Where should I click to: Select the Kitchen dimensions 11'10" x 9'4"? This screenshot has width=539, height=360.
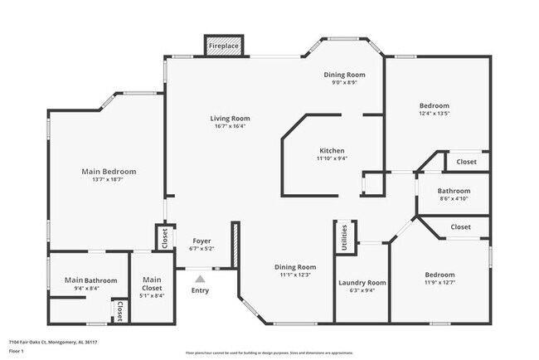click(332, 158)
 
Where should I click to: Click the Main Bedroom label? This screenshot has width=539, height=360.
click(109, 172)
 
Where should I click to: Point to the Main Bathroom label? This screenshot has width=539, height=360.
click(90, 280)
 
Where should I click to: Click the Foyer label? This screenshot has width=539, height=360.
click(202, 241)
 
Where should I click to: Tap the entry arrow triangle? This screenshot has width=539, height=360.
click(200, 279)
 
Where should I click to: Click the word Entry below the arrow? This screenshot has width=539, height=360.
click(201, 290)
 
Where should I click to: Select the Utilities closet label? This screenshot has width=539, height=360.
click(344, 236)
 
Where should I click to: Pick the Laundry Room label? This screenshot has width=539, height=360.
click(362, 283)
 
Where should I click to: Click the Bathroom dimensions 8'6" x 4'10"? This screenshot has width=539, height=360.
click(454, 199)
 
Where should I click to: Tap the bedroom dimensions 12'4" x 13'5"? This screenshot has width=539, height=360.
click(434, 114)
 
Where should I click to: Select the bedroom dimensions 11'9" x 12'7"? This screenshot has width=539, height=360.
click(439, 284)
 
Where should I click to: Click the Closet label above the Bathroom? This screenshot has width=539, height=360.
click(467, 162)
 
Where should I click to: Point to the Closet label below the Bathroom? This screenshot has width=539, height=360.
click(460, 226)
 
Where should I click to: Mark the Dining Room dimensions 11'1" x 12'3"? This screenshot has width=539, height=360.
click(296, 275)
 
